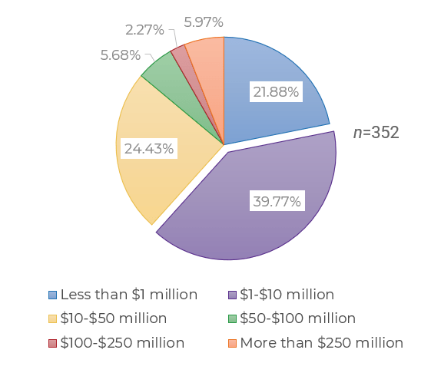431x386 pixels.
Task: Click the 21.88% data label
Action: click(276, 92)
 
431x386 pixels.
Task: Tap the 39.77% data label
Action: click(277, 202)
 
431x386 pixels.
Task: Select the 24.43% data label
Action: click(148, 147)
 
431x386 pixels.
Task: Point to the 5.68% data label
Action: click(120, 55)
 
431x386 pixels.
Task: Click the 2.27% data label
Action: click(144, 30)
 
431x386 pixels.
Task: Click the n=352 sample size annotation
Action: click(376, 132)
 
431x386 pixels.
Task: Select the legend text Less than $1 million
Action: click(128, 295)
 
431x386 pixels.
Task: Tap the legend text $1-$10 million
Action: click(287, 295)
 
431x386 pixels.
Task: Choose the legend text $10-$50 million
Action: click(113, 318)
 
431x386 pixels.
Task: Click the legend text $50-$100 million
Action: click(297, 318)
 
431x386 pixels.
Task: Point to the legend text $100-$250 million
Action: click(122, 343)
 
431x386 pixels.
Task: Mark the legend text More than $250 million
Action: click(321, 343)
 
